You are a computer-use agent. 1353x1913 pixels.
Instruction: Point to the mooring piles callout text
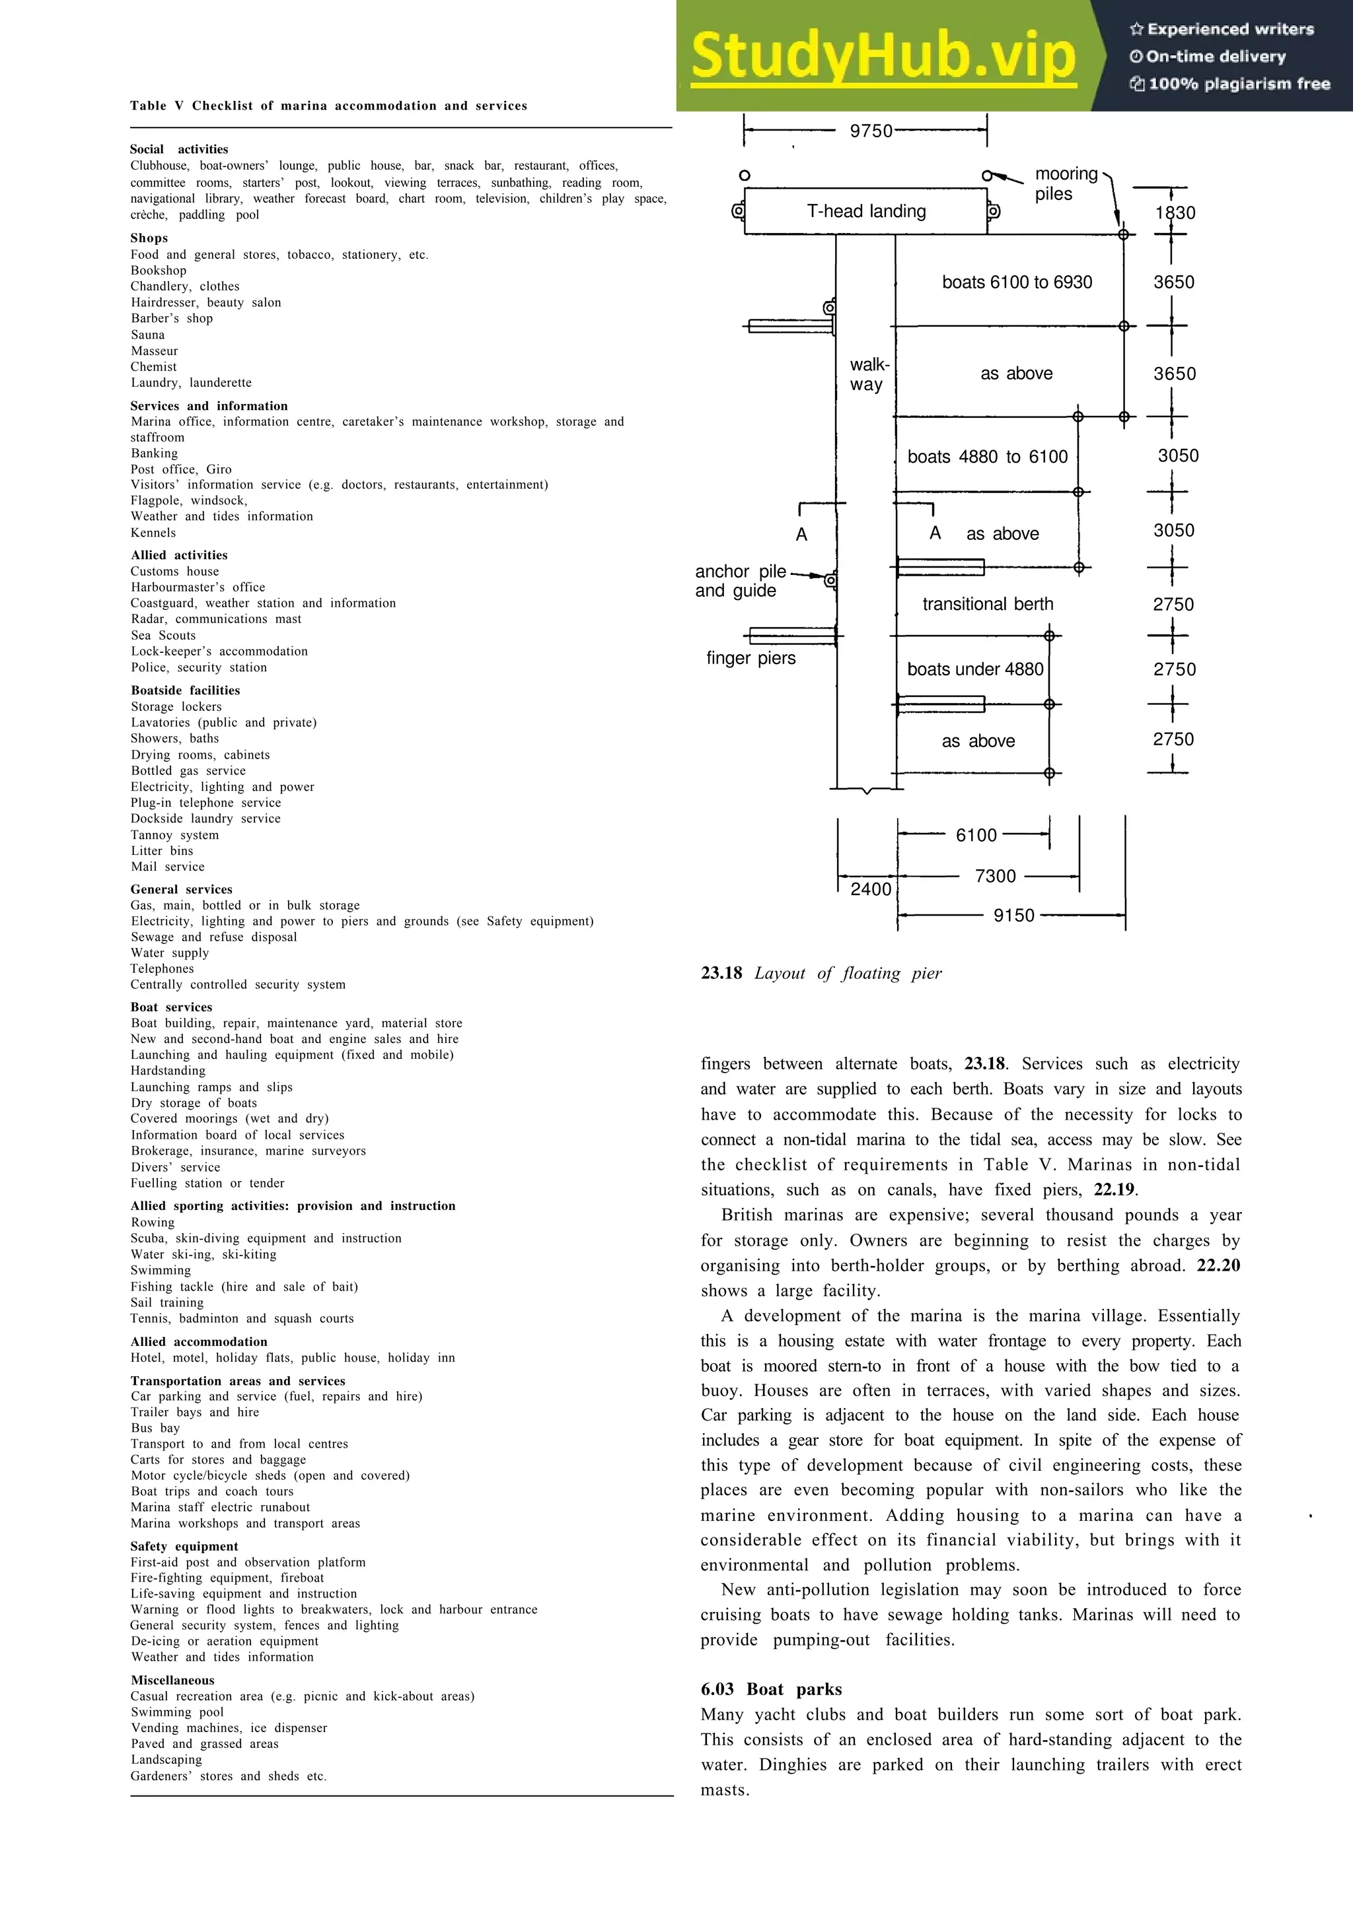coord(1066,184)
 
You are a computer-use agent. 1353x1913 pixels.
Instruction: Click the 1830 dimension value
coord(1175,213)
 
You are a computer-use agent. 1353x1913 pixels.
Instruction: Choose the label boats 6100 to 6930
coord(1016,283)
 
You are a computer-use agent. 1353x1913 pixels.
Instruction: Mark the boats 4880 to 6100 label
coord(987,457)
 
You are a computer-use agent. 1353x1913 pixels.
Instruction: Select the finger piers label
coord(750,658)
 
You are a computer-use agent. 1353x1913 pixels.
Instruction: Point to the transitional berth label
coord(987,604)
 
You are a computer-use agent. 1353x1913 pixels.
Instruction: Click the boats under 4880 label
coord(974,669)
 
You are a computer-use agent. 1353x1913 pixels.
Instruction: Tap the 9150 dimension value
coord(1013,915)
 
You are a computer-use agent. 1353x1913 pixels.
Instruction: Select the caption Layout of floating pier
coord(821,973)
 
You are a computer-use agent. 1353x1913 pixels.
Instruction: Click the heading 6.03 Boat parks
coord(771,1689)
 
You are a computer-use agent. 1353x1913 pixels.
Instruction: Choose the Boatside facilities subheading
coord(185,690)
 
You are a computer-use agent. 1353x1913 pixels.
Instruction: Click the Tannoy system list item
coord(174,835)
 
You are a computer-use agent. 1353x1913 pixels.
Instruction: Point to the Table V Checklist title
coord(328,106)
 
